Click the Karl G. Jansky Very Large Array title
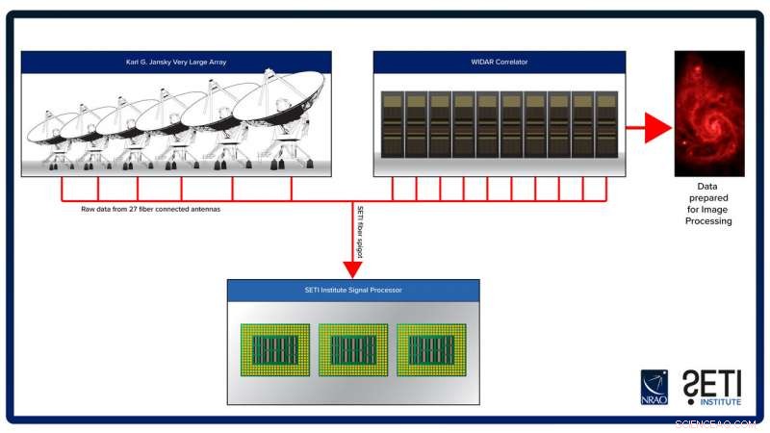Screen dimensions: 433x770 tap(176, 63)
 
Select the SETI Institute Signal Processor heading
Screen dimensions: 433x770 tap(352, 290)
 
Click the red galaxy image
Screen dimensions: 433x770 tap(709, 114)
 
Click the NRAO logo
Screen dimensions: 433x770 tap(654, 386)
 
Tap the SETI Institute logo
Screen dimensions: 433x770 tap(711, 387)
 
